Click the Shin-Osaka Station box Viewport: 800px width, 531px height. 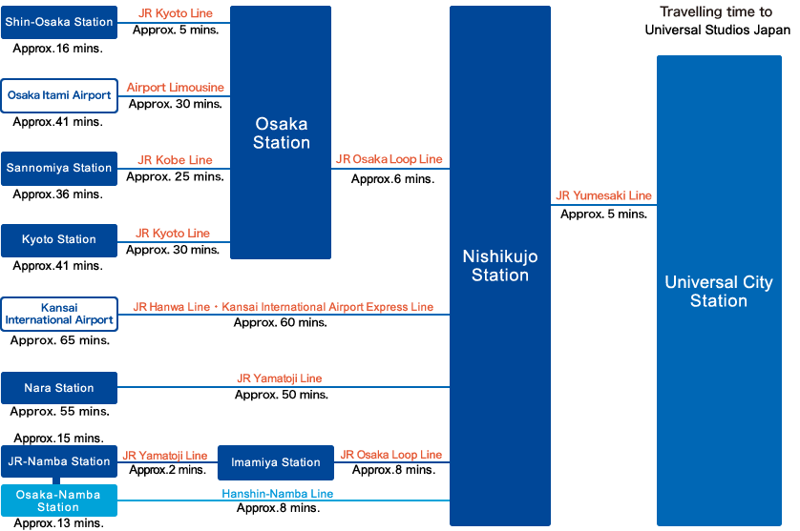[59, 23]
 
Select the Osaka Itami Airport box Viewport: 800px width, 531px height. [59, 95]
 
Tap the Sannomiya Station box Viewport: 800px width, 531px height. [59, 168]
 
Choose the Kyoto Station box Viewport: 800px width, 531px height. [59, 240]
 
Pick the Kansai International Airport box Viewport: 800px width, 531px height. [59, 314]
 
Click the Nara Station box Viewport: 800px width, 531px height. [59, 388]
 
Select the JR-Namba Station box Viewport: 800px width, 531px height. [59, 461]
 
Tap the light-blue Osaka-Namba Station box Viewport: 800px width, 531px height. [59, 500]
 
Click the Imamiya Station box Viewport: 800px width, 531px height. [276, 462]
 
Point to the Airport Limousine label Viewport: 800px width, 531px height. [176, 88]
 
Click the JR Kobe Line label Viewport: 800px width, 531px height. [175, 160]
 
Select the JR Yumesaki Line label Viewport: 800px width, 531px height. [603, 195]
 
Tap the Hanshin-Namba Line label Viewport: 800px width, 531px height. [278, 493]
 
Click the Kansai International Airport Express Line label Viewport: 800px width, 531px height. [327, 307]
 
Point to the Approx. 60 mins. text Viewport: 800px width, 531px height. [280, 322]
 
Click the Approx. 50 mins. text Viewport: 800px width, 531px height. [281, 395]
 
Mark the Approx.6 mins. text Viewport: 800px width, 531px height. [393, 179]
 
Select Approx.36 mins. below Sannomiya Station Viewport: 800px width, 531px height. [57, 194]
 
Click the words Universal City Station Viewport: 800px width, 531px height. [719, 292]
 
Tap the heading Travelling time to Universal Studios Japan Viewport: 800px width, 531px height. [717, 21]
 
